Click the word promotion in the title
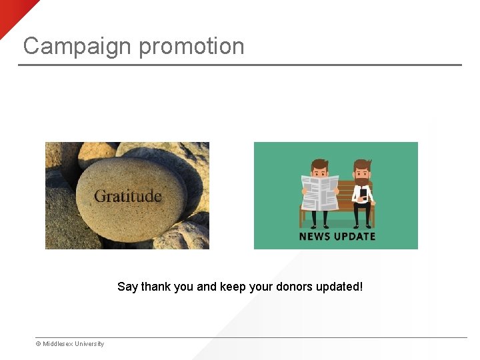(x=192, y=46)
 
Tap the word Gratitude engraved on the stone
(x=128, y=196)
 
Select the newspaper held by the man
(x=319, y=193)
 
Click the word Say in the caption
(x=127, y=287)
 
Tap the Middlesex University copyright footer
(x=71, y=344)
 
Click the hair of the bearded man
(x=362, y=163)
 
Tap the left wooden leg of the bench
(x=302, y=218)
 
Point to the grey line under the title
(x=240, y=65)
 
